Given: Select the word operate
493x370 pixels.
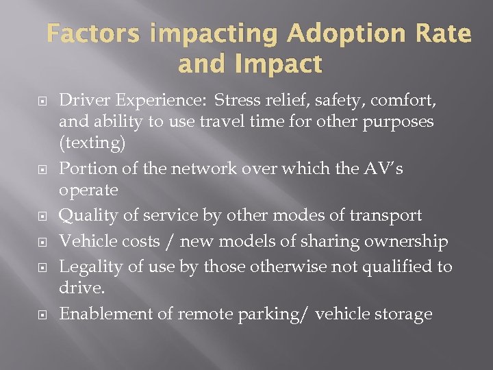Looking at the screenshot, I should (88, 190).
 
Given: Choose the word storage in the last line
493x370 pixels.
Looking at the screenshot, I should (405, 314).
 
